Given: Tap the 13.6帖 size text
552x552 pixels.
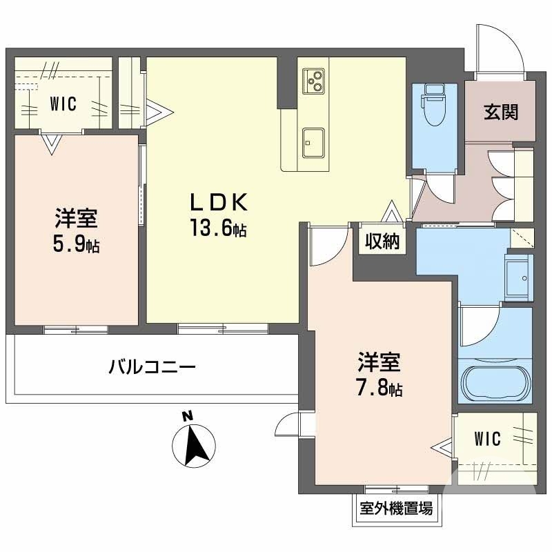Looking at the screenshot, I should pos(219,228).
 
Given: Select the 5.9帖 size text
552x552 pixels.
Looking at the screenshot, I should pos(77,244).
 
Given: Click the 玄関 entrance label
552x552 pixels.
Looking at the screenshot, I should pos(500,112).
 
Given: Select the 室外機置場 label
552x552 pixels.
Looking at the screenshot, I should pos(397,510).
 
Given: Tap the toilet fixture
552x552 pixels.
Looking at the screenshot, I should pos(435,107).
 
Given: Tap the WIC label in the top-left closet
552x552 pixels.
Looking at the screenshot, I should pos(63,105).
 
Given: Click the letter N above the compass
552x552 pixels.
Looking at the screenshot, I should pos(186,416).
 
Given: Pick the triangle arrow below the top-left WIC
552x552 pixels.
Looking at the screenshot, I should pos(50,143).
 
